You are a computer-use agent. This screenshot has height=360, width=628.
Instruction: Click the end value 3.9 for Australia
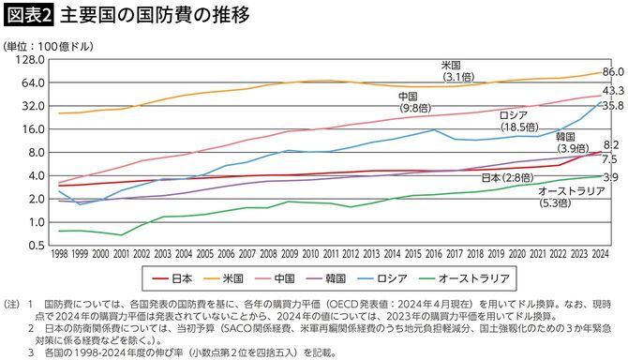click(x=610, y=176)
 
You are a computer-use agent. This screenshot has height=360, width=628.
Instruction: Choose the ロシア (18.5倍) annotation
click(x=516, y=119)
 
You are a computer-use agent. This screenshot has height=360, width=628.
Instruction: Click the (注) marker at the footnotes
click(x=13, y=305)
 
